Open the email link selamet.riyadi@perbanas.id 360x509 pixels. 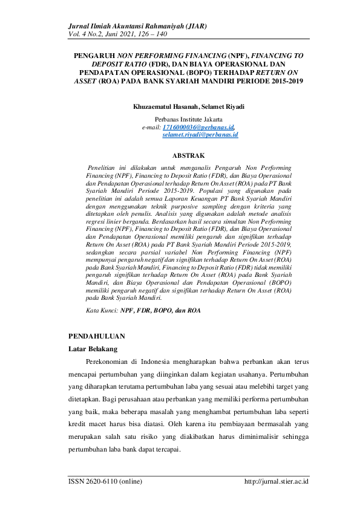[x=200, y=135]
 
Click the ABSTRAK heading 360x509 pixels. [x=188, y=155]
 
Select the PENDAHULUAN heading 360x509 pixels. [x=97, y=335]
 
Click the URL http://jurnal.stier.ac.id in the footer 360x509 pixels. [x=276, y=482]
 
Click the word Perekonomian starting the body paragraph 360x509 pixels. [x=110, y=363]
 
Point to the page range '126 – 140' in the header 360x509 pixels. [x=170, y=34]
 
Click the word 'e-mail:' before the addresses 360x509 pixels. [x=151, y=128]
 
